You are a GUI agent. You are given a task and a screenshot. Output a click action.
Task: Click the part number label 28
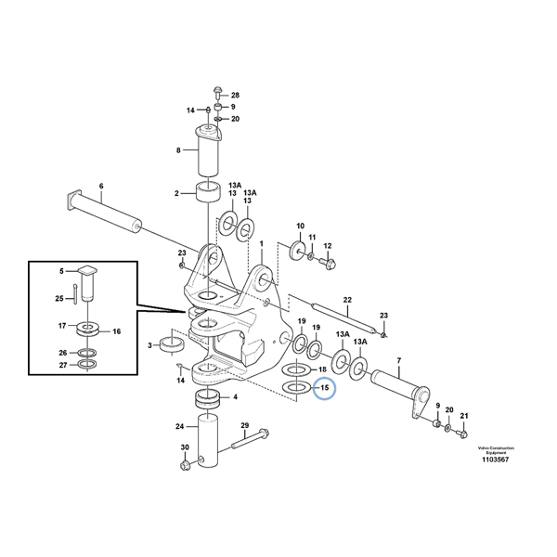click(235, 96)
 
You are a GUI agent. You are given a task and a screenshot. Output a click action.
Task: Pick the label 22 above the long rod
click(346, 300)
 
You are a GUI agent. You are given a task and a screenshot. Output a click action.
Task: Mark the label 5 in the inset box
click(62, 271)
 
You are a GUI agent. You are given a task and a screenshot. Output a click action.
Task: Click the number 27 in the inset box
click(62, 365)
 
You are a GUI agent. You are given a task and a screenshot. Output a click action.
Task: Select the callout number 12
click(327, 246)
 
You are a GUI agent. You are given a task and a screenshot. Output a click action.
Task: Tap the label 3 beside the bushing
click(150, 345)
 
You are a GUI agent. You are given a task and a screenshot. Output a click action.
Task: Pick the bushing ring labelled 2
click(206, 194)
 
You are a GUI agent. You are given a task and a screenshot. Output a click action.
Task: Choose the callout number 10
click(300, 227)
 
